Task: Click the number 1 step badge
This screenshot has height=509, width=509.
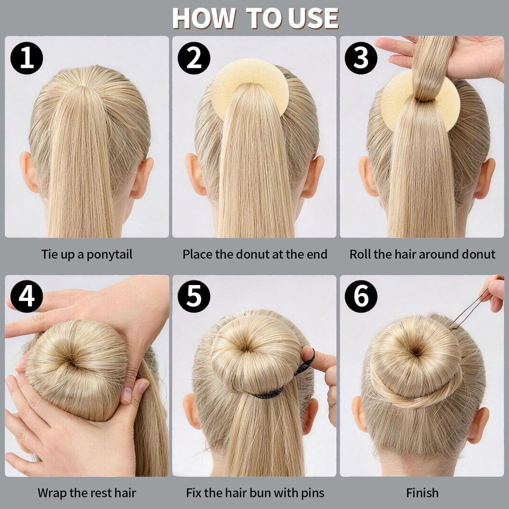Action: coord(26,58)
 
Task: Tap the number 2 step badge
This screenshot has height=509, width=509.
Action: coord(194,58)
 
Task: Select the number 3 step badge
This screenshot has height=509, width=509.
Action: coord(361,58)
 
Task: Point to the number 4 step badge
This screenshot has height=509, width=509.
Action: coord(26,296)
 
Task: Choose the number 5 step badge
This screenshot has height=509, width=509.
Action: coord(194,296)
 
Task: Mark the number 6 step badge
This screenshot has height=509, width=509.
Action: coord(361,296)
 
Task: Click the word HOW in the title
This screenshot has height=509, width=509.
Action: coord(204,18)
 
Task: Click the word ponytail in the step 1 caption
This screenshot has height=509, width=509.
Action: coord(109,255)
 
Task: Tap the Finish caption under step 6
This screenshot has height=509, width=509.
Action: coord(422,493)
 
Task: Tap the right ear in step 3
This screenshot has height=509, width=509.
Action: coord(484,178)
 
